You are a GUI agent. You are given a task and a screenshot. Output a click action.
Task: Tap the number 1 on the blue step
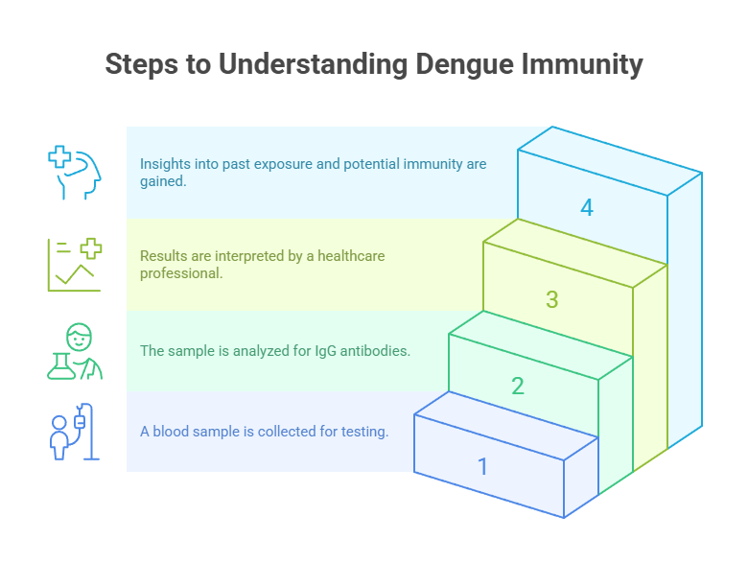pos(482,467)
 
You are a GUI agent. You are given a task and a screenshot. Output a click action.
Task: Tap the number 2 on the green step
pos(518,387)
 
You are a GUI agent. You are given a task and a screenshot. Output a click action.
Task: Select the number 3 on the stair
pos(552,299)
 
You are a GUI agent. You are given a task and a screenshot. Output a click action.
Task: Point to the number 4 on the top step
pos(587,207)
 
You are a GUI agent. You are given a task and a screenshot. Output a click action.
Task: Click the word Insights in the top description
pos(164,164)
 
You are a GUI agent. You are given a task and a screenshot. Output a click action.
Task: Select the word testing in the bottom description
pos(365,432)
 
